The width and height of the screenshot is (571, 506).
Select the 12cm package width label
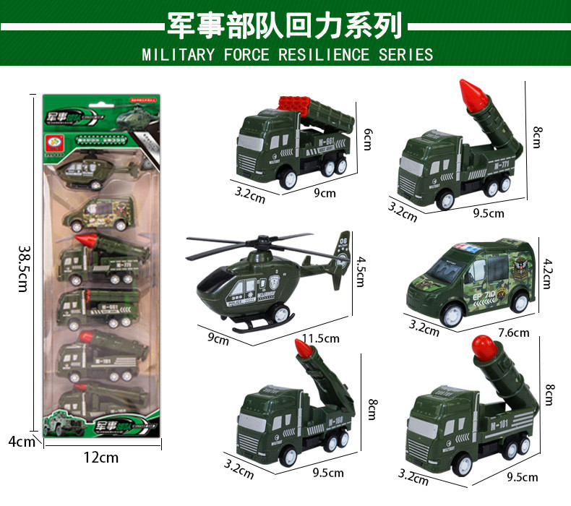click(100, 457)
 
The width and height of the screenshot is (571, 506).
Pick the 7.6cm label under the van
click(513, 333)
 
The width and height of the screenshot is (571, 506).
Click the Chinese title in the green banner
click(285, 27)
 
